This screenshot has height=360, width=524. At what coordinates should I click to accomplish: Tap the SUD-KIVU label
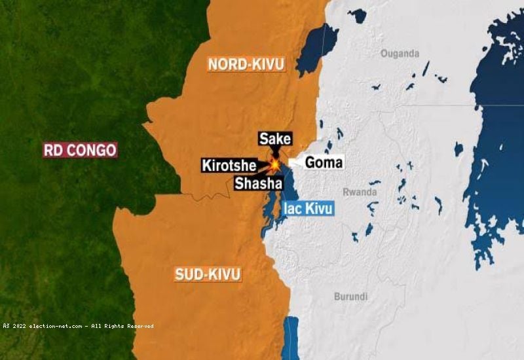click(208, 274)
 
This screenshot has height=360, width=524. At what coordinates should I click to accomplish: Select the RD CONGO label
click(80, 151)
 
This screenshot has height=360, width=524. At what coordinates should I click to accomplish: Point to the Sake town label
click(274, 139)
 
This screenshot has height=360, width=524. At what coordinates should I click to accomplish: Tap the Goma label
click(324, 162)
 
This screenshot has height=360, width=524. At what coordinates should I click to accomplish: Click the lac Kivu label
click(309, 209)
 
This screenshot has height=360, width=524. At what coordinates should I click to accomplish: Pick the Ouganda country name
click(399, 54)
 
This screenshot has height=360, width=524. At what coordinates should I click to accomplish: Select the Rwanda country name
click(360, 192)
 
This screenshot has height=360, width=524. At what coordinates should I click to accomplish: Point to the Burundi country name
click(351, 297)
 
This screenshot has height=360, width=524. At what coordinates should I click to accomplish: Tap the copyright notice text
click(77, 325)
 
